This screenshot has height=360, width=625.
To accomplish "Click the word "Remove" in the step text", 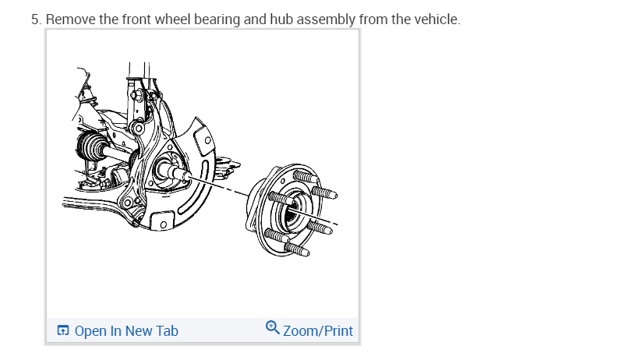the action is pyautogui.click(x=71, y=19).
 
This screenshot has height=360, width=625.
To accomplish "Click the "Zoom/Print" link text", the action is pyautogui.click(x=318, y=331).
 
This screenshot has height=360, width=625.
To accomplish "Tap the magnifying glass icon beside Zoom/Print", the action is pyautogui.click(x=273, y=328).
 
